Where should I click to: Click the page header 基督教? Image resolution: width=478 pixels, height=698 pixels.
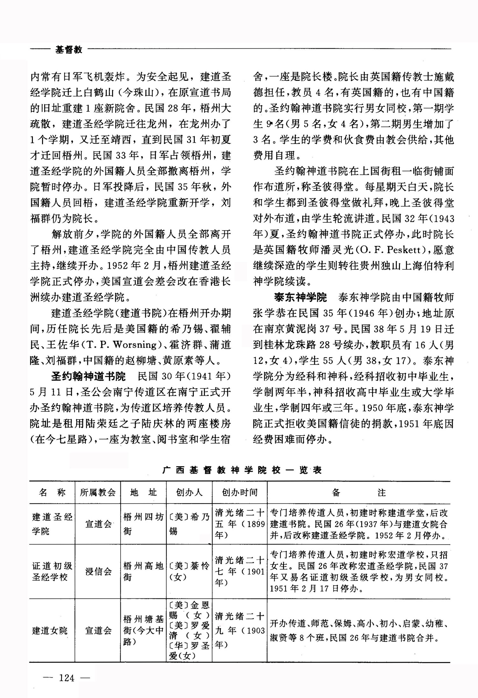(69, 50)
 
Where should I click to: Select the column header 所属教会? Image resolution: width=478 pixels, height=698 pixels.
(98, 492)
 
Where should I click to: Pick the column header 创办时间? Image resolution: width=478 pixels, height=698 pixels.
(240, 492)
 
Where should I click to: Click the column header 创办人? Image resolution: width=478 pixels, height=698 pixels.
(189, 492)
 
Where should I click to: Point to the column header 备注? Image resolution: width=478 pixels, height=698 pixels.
(358, 493)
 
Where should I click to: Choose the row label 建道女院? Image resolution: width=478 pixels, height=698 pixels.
(50, 630)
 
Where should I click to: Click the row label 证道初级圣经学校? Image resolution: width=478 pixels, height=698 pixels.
(52, 571)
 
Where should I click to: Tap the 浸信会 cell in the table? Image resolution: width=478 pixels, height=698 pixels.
(98, 571)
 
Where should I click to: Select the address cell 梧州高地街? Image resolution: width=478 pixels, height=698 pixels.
(143, 571)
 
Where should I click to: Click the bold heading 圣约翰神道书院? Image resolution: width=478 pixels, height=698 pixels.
(89, 377)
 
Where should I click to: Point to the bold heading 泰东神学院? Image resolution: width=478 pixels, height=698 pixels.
(301, 298)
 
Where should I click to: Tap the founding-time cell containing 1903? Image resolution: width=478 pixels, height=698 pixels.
(240, 630)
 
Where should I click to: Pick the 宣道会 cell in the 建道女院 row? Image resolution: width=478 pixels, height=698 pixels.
(98, 630)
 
